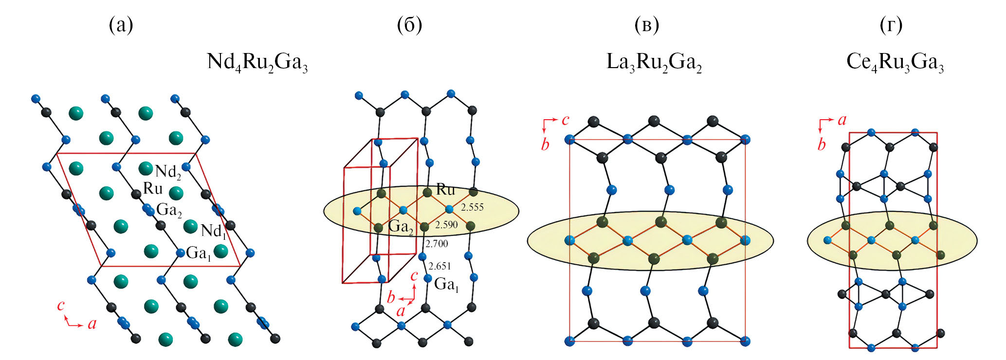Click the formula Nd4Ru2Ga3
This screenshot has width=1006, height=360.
257,63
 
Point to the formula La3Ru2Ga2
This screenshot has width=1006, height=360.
654,63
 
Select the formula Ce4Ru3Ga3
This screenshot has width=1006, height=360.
895,63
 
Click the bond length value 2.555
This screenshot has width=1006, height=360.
472,207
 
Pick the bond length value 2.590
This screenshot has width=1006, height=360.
446,225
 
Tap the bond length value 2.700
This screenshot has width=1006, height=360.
436,244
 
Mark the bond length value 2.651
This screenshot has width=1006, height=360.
439,266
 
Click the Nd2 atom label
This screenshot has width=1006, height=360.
168,172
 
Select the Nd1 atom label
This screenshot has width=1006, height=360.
213,231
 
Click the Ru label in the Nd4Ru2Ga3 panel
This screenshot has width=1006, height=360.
152,188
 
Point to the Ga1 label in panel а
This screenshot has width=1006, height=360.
199,253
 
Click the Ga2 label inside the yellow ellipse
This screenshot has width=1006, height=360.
400,227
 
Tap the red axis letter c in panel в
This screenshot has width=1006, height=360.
565,120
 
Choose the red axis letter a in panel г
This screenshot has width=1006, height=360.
842,120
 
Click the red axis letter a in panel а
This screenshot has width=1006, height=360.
92,324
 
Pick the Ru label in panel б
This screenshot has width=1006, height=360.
445,189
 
